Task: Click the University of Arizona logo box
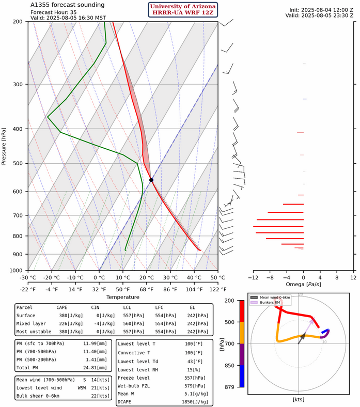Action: pyautogui.click(x=183, y=9)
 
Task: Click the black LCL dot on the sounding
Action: pyautogui.click(x=151, y=180)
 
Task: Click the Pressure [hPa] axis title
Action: pyautogui.click(x=5, y=146)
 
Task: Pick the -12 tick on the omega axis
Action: pyautogui.click(x=254, y=277)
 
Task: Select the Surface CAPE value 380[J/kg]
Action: pyautogui.click(x=65, y=315)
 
